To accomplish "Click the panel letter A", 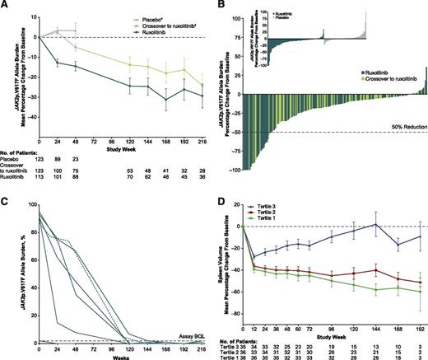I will point(6,6).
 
